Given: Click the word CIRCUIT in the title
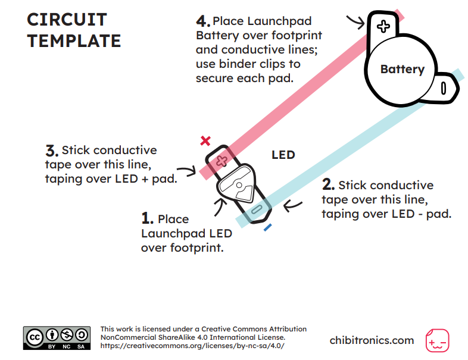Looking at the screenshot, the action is pyautogui.click(x=67, y=20).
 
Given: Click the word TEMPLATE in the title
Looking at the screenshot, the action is pyautogui.click(x=74, y=41).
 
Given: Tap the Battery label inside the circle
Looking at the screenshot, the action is pyautogui.click(x=403, y=70).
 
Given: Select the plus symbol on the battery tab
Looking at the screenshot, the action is pyautogui.click(x=383, y=26).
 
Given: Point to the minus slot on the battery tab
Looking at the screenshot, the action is pyautogui.click(x=444, y=88).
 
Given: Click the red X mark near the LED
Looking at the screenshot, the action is pyautogui.click(x=205, y=140).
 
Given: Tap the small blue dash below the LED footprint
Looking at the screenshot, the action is pyautogui.click(x=267, y=227).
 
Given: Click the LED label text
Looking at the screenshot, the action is pyautogui.click(x=283, y=155).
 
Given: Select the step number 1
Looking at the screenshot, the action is pyautogui.click(x=147, y=218).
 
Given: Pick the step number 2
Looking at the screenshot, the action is pyautogui.click(x=328, y=184).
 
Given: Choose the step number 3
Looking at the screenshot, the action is pyautogui.click(x=52, y=151).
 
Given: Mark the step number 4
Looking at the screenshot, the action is pyautogui.click(x=203, y=21).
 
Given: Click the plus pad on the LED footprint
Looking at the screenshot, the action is pyautogui.click(x=221, y=161).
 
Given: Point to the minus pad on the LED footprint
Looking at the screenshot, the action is pyautogui.click(x=257, y=209).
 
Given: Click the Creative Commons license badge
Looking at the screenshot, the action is pyautogui.click(x=57, y=338).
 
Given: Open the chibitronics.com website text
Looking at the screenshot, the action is pyautogui.click(x=372, y=340).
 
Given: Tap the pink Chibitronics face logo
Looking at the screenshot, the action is pyautogui.click(x=437, y=340).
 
